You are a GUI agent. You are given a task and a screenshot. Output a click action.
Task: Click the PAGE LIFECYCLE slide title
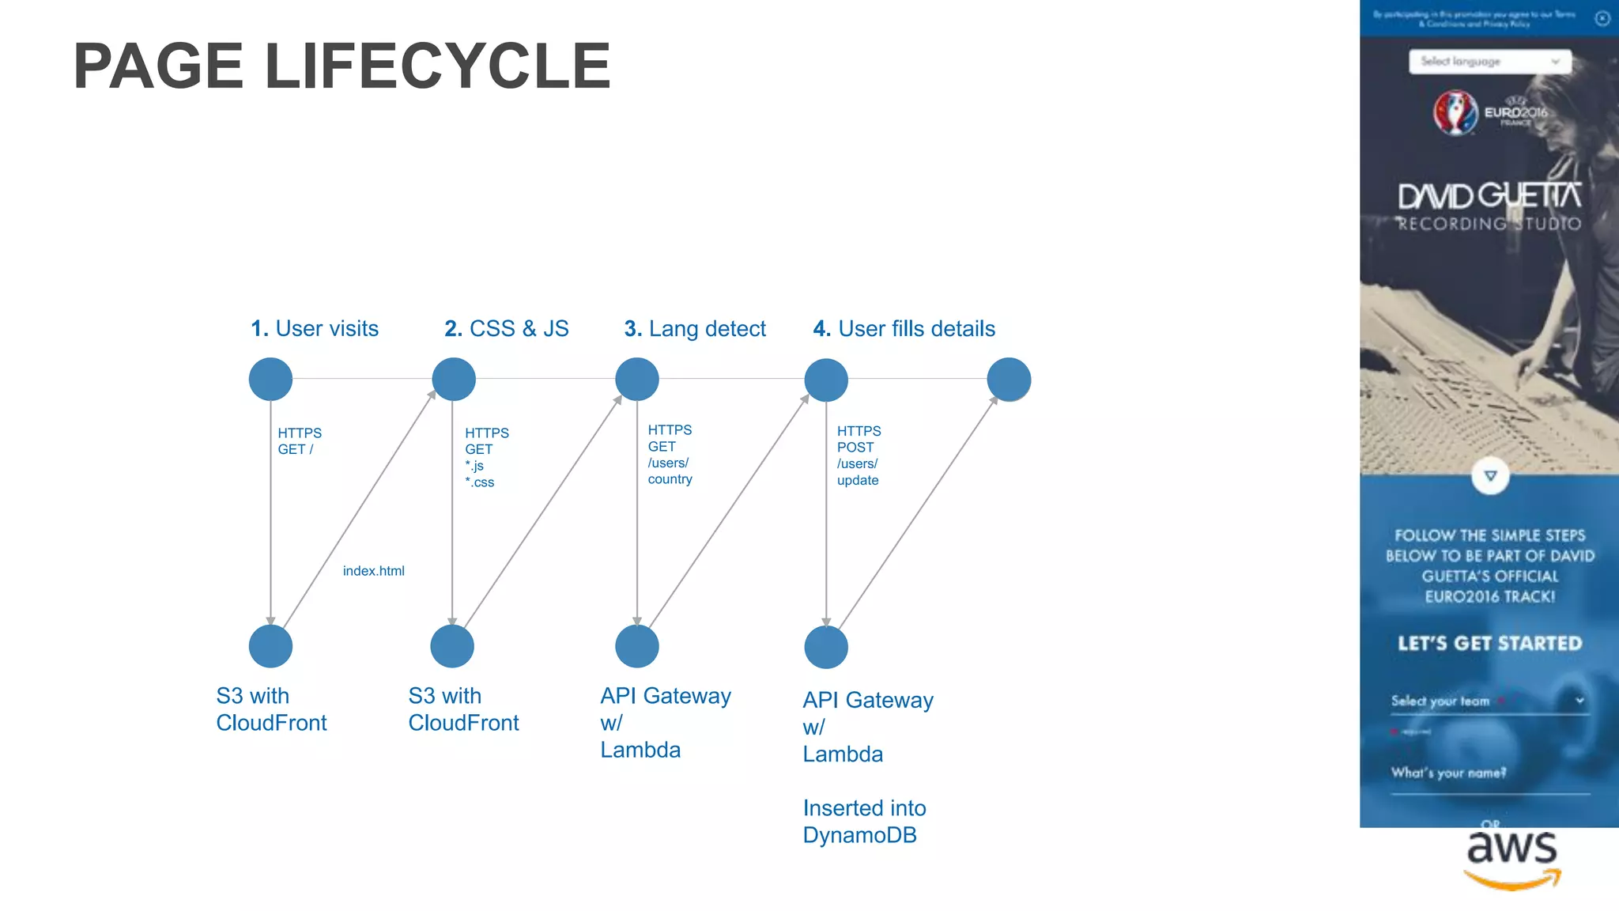point(342,66)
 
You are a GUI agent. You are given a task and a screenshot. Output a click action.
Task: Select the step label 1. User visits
point(314,328)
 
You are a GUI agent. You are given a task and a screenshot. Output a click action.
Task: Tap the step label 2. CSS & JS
point(506,328)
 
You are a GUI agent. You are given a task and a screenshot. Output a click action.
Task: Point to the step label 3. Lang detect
point(695,328)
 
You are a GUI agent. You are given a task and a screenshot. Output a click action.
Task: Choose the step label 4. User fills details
point(904,328)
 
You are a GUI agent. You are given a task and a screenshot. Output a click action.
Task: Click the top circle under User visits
point(270,379)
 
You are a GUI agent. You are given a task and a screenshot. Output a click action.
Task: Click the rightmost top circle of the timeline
point(1009,379)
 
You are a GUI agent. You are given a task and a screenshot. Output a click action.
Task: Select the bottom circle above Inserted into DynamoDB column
point(826,647)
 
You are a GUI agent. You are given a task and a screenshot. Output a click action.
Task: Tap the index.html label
point(373,571)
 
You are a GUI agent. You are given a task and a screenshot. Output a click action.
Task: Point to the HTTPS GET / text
point(299,441)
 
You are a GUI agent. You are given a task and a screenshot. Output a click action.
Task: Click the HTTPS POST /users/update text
point(859,455)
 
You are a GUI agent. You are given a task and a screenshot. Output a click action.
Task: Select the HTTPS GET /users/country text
point(670,455)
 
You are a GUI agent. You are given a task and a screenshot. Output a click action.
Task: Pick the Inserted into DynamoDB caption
point(863,822)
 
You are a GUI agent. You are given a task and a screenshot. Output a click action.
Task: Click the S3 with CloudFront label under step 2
point(463,709)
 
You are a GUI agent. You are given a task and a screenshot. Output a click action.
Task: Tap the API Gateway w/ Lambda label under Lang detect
point(665,722)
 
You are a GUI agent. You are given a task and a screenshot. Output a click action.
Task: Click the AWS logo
point(1511,859)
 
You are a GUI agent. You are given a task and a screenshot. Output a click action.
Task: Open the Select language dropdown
point(1489,62)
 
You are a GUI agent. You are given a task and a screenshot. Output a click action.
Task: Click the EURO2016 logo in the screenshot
point(1489,113)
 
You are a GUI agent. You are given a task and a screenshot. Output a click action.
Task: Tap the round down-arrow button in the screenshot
point(1490,476)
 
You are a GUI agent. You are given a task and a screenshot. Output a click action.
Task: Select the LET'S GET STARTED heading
point(1489,644)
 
